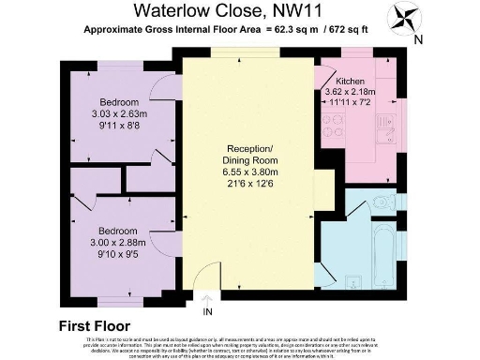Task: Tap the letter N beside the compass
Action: [418, 38]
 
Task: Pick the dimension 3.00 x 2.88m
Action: [118, 242]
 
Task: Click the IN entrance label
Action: [208, 310]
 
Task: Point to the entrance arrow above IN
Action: [208, 297]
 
